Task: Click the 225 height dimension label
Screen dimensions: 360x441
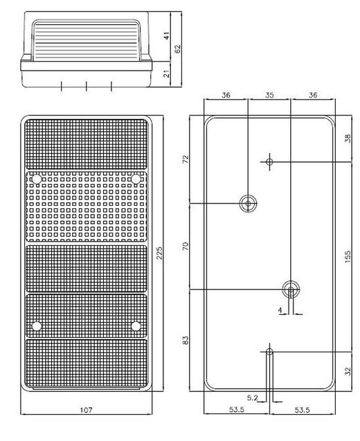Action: (159, 253)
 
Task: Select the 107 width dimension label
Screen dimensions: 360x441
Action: (86, 410)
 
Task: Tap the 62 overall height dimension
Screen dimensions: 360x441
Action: (177, 48)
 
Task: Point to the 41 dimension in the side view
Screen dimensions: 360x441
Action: (167, 36)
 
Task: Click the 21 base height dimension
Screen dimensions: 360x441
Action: (167, 73)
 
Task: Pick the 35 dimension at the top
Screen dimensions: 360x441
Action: (269, 95)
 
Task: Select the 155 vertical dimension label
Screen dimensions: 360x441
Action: (348, 256)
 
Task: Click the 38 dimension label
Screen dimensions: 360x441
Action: (348, 138)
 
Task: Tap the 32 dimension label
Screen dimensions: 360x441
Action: (348, 371)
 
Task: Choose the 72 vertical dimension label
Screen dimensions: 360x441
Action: (186, 159)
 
